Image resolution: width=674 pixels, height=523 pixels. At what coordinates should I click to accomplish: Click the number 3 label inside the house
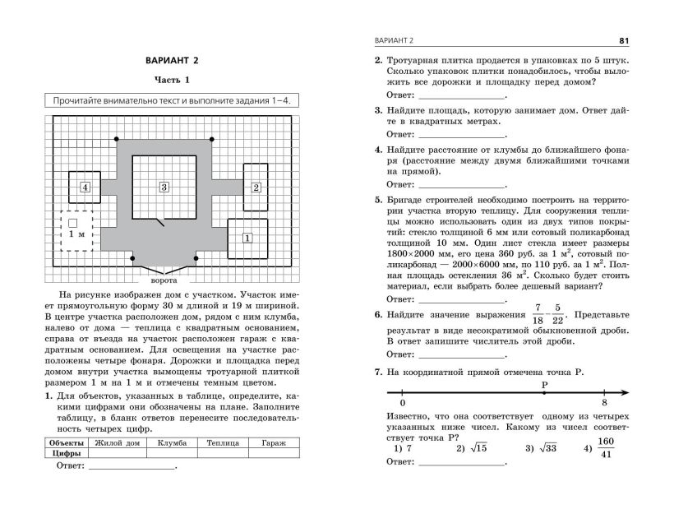click(164, 187)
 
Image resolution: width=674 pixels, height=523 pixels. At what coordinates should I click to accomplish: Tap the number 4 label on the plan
click(85, 187)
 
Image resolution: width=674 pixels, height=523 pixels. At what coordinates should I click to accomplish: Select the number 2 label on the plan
click(256, 187)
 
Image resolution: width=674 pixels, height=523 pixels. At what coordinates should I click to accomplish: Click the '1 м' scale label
click(76, 235)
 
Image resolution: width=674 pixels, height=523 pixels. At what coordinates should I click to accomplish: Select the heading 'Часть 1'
click(172, 81)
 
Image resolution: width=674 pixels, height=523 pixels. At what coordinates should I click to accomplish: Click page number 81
click(623, 40)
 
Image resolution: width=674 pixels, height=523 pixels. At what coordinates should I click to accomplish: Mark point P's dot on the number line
click(544, 393)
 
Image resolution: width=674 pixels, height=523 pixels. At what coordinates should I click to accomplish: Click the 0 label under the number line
click(402, 403)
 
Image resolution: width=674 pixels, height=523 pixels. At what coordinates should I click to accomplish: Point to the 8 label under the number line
click(604, 403)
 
